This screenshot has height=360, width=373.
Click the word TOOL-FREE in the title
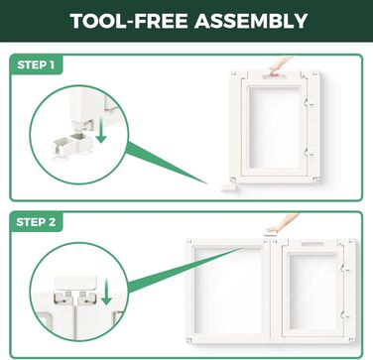129,21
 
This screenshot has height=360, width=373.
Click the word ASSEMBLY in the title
251,21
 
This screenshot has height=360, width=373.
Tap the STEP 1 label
36,64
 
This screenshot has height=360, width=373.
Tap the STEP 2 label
36,222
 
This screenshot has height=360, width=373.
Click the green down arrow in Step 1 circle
101,132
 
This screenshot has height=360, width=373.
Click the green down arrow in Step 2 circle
106,292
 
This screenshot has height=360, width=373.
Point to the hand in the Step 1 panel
280,65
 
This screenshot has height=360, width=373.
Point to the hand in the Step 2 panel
282,222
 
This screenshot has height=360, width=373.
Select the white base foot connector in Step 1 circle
71,146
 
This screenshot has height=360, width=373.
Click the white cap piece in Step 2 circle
75,283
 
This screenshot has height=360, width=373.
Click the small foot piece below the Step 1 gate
228,187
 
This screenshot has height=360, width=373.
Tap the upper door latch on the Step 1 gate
309,103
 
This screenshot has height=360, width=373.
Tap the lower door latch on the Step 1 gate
309,153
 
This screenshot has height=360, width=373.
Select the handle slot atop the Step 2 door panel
312,244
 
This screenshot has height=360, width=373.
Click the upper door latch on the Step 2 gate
345,267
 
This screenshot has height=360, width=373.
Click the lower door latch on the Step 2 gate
345,315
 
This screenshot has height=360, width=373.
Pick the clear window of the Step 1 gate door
275,128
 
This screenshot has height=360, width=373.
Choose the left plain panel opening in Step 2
228,291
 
